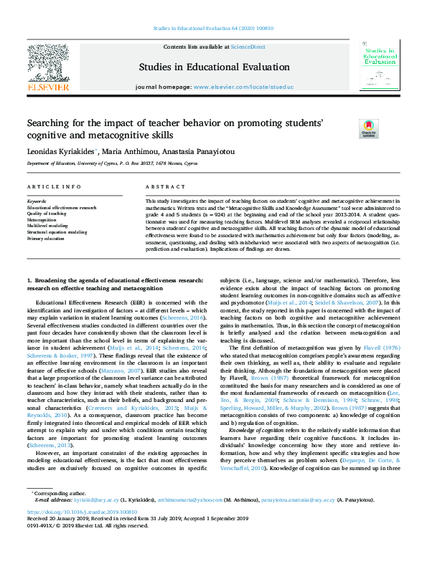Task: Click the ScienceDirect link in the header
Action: tap(249, 47)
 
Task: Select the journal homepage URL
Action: tap(244, 87)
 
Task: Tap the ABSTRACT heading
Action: tap(161, 187)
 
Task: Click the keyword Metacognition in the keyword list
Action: tap(42, 219)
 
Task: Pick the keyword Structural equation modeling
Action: tap(57, 232)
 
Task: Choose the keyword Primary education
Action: tap(47, 239)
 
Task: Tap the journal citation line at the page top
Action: tap(213, 29)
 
